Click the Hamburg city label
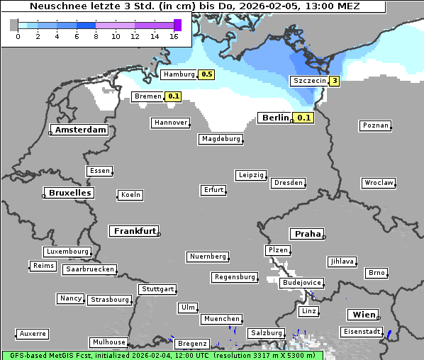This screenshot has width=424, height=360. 178,74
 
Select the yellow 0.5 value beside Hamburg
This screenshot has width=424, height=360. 206,74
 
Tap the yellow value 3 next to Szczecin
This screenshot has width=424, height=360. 333,81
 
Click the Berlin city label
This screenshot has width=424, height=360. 274,118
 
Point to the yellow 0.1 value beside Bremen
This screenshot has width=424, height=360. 174,96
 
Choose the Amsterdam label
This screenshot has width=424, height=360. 80,130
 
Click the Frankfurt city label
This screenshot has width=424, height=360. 134,231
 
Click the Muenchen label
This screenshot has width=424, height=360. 221,320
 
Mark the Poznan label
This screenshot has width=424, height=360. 375,125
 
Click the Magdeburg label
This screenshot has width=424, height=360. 221,139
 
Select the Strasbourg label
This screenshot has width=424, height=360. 110,300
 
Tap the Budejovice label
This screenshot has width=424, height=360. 301,283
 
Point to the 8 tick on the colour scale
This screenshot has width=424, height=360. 96,35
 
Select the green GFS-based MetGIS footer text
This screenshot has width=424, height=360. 162,355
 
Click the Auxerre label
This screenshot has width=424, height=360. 33,333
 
